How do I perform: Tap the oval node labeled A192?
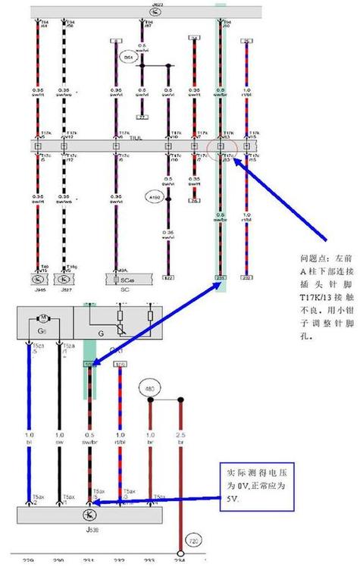coord(156,197)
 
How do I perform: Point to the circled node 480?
coord(149,389)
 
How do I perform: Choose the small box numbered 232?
coord(246,278)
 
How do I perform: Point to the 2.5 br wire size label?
coord(182,438)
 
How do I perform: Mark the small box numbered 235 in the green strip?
coord(221,278)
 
